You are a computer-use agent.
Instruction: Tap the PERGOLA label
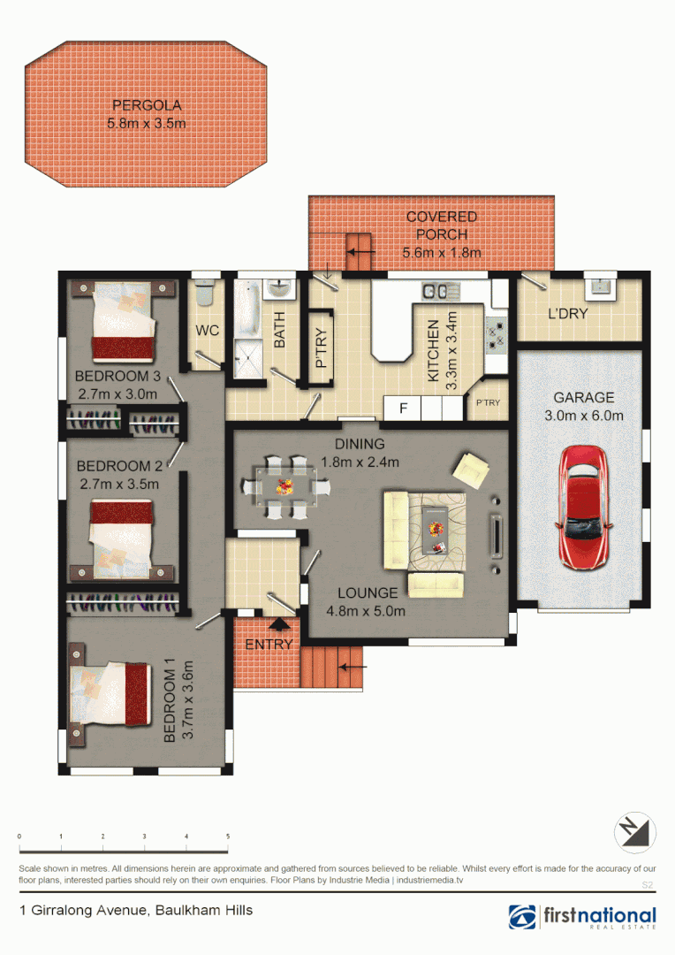147,105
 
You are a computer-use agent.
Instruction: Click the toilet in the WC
206,292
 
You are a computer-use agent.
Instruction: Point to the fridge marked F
404,409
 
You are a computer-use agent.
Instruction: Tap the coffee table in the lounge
435,530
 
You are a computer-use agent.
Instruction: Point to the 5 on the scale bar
228,836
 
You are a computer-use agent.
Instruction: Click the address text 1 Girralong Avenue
136,910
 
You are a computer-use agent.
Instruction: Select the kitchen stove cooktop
495,334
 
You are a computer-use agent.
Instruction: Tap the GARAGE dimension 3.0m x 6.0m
583,416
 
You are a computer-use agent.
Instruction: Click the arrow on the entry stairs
353,664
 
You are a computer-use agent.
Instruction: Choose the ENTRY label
269,645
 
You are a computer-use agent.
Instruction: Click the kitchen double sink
436,290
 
